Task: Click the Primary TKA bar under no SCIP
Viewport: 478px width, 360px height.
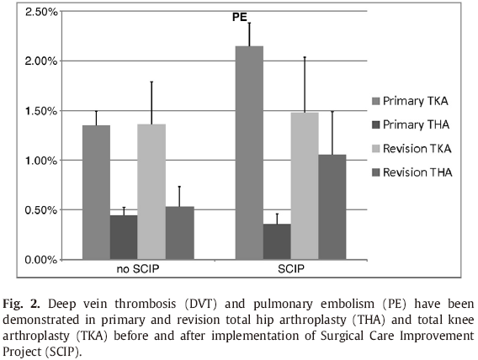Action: point(96,192)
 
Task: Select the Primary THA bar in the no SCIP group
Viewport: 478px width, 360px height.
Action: point(124,237)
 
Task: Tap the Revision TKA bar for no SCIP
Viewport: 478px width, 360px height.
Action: point(151,192)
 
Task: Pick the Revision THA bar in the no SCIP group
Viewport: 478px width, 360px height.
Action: point(180,233)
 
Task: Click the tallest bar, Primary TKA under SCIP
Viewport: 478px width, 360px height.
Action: point(249,152)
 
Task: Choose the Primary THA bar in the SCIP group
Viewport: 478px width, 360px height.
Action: point(277,241)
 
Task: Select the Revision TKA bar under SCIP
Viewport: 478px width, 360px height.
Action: point(305,186)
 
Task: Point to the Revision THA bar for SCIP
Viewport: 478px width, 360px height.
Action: point(332,207)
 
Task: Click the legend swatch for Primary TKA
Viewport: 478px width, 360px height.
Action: point(375,101)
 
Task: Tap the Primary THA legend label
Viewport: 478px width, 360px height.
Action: point(416,124)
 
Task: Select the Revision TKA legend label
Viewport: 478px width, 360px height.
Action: point(417,149)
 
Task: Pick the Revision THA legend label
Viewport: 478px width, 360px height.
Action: point(417,172)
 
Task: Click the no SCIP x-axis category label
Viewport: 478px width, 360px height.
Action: point(138,269)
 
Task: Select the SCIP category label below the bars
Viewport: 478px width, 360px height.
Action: point(291,269)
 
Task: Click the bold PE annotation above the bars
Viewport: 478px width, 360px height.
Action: point(240,17)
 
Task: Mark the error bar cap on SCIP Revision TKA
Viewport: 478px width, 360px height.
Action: point(305,57)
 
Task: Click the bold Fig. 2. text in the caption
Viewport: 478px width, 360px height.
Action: point(21,304)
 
